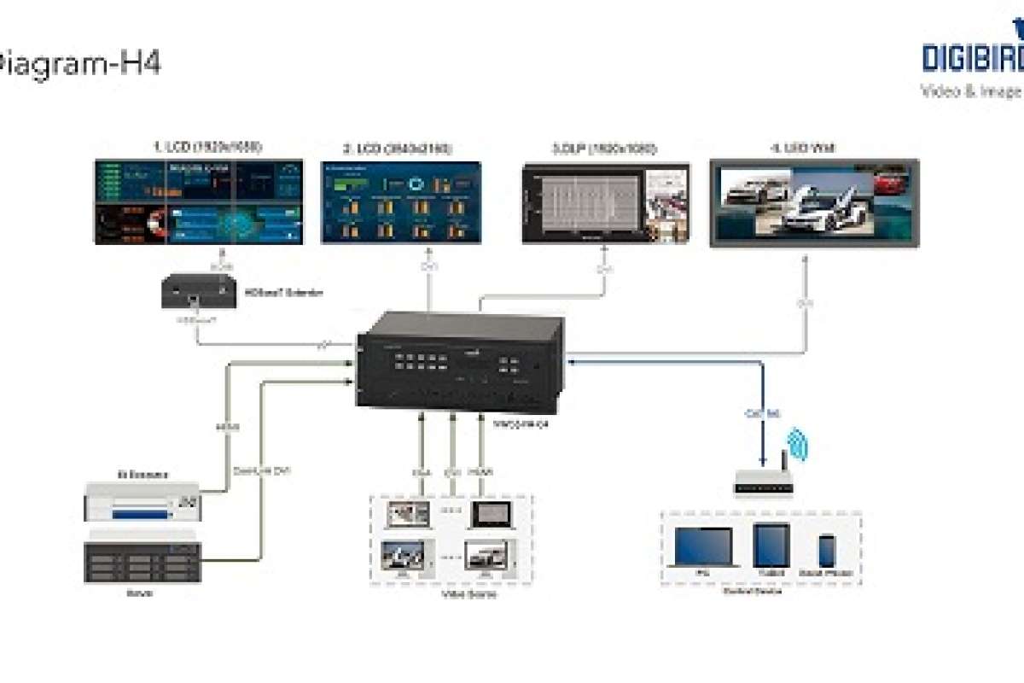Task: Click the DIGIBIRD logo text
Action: pyautogui.click(x=973, y=57)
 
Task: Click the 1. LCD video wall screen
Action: pyautogui.click(x=200, y=201)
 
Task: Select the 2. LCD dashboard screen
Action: pyautogui.click(x=401, y=202)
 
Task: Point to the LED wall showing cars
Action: pyautogui.click(x=814, y=204)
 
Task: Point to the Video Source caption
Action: pyautogui.click(x=451, y=594)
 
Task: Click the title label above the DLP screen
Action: pyautogui.click(x=604, y=149)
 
